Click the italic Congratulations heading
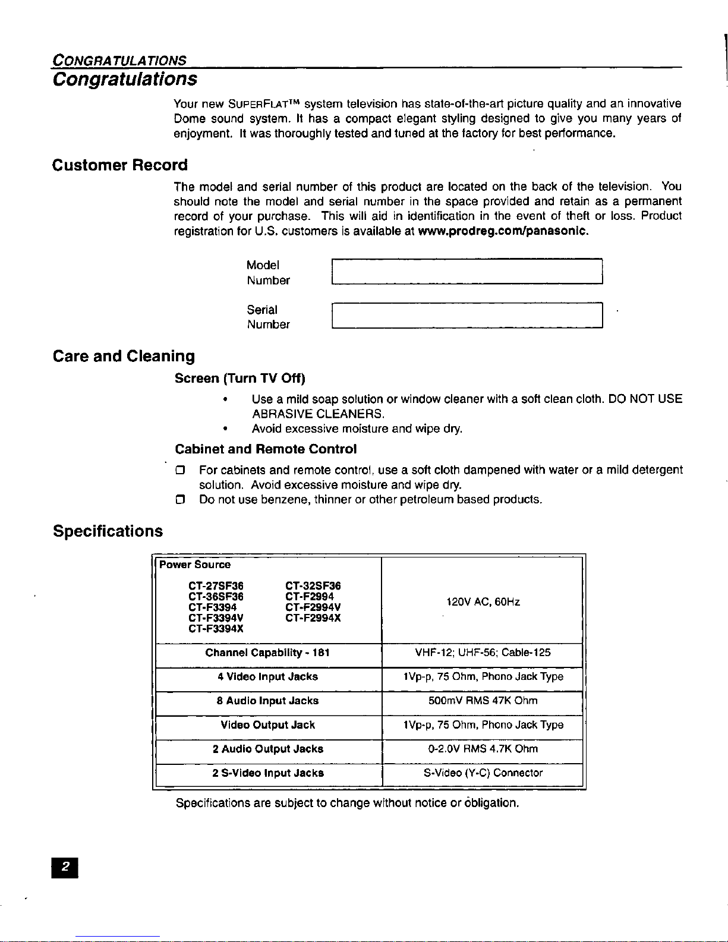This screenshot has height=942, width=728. pos(125,79)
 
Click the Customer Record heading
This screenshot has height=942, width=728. pos(119,165)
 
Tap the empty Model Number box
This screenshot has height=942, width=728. pos(467,272)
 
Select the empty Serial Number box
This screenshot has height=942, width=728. pos(467,316)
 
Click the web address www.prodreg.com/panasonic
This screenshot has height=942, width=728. pos(503,231)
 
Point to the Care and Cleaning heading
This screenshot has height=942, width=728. pos(124,357)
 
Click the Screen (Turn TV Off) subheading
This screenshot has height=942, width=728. pos(240,379)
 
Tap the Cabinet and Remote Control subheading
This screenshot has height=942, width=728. pos(266,449)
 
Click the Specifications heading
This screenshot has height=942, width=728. pos(108,531)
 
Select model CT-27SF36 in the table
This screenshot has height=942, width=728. pos(216,587)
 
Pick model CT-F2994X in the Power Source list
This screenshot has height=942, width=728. pos(313,618)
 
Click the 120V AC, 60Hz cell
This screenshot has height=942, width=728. pos(483,602)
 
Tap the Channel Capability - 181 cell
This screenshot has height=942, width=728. pos(267,653)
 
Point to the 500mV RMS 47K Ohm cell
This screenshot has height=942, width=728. pos(483,701)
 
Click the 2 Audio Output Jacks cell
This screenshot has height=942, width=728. pos(267,749)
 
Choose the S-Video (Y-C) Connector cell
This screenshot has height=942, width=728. pos(483,773)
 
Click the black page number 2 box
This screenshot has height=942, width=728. pos(67,868)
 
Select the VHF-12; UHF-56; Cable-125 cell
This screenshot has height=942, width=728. pos(483,653)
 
